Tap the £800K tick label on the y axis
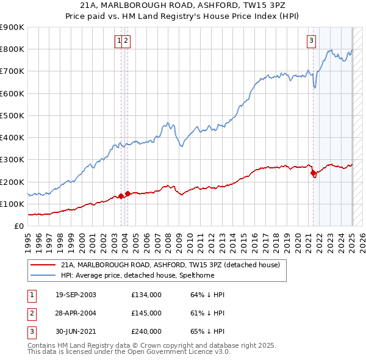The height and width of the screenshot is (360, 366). (12, 49)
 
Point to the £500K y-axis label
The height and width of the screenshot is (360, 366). (12, 115)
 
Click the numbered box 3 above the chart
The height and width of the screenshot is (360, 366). (311, 41)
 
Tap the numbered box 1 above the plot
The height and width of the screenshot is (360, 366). (120, 41)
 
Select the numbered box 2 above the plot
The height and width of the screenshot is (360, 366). (126, 41)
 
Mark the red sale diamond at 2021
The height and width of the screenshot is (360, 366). (314, 173)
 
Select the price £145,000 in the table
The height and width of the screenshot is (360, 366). (146, 313)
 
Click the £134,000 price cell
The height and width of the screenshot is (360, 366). (146, 295)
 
